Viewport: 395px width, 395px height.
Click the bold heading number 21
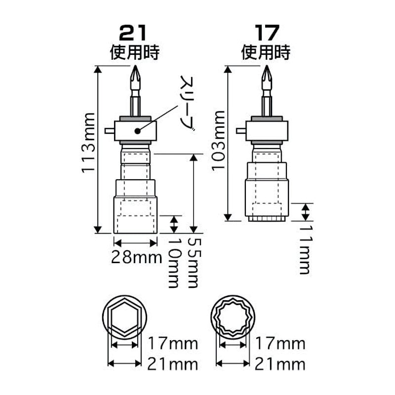pyautogui.click(x=133, y=33)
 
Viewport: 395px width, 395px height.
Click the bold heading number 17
pyautogui.click(x=267, y=33)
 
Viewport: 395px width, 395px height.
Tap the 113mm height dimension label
pyautogui.click(x=88, y=143)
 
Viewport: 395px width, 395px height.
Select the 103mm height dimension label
pyautogui.click(x=218, y=141)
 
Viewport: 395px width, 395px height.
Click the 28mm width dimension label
pyautogui.click(x=137, y=257)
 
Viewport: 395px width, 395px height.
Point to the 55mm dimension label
pyautogui.click(x=195, y=263)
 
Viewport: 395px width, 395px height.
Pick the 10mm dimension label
pyautogui.click(x=174, y=263)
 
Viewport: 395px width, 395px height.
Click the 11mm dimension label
pyautogui.click(x=305, y=249)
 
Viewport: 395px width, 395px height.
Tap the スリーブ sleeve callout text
pyautogui.click(x=187, y=103)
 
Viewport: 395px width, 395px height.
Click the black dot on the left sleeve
pyautogui.click(x=137, y=131)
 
